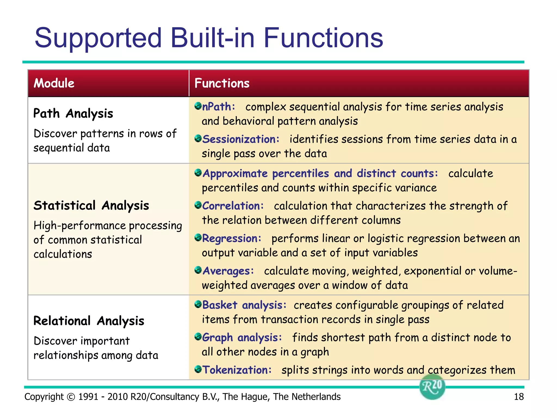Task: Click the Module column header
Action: (x=54, y=83)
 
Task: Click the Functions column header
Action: (x=222, y=83)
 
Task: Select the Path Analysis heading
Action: (x=73, y=113)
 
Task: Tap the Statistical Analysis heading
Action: (x=91, y=205)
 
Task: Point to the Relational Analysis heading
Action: (x=89, y=321)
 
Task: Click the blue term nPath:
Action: (x=218, y=107)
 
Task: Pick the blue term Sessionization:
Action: (x=241, y=139)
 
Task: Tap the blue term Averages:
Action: (x=228, y=271)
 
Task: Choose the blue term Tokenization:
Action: (x=237, y=370)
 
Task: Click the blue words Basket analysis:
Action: (x=244, y=305)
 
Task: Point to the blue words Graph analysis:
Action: (x=242, y=338)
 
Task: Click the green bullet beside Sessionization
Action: (x=198, y=139)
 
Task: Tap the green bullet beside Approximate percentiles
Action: (x=198, y=173)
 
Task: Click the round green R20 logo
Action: (x=432, y=387)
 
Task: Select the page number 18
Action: (x=519, y=397)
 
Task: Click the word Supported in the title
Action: (x=98, y=38)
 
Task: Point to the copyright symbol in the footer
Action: (x=71, y=397)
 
